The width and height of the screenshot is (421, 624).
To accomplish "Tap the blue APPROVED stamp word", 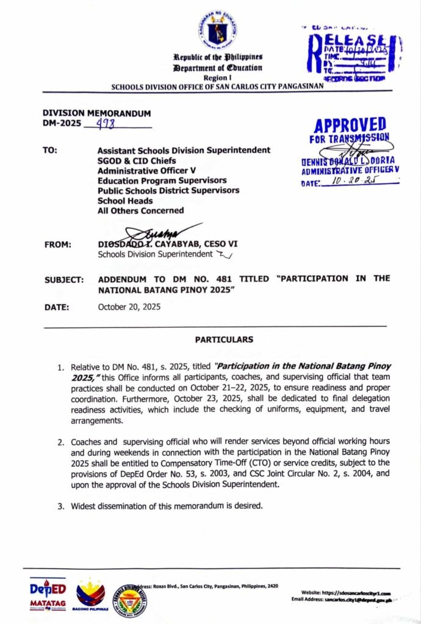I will click(x=350, y=126).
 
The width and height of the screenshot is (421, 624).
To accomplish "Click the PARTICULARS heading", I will click(x=225, y=339).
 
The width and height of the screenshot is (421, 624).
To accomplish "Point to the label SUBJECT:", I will click(x=63, y=280).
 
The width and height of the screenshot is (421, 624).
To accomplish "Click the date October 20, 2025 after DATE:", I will click(x=129, y=307).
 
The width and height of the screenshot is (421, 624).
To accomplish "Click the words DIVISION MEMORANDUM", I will click(x=96, y=113).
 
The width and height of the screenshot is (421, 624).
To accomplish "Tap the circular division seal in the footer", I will click(x=129, y=601).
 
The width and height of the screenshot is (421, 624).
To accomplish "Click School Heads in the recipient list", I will click(x=127, y=200).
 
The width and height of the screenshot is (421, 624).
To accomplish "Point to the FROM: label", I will click(x=58, y=244).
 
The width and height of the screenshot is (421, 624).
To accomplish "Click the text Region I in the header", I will click(x=217, y=77).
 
